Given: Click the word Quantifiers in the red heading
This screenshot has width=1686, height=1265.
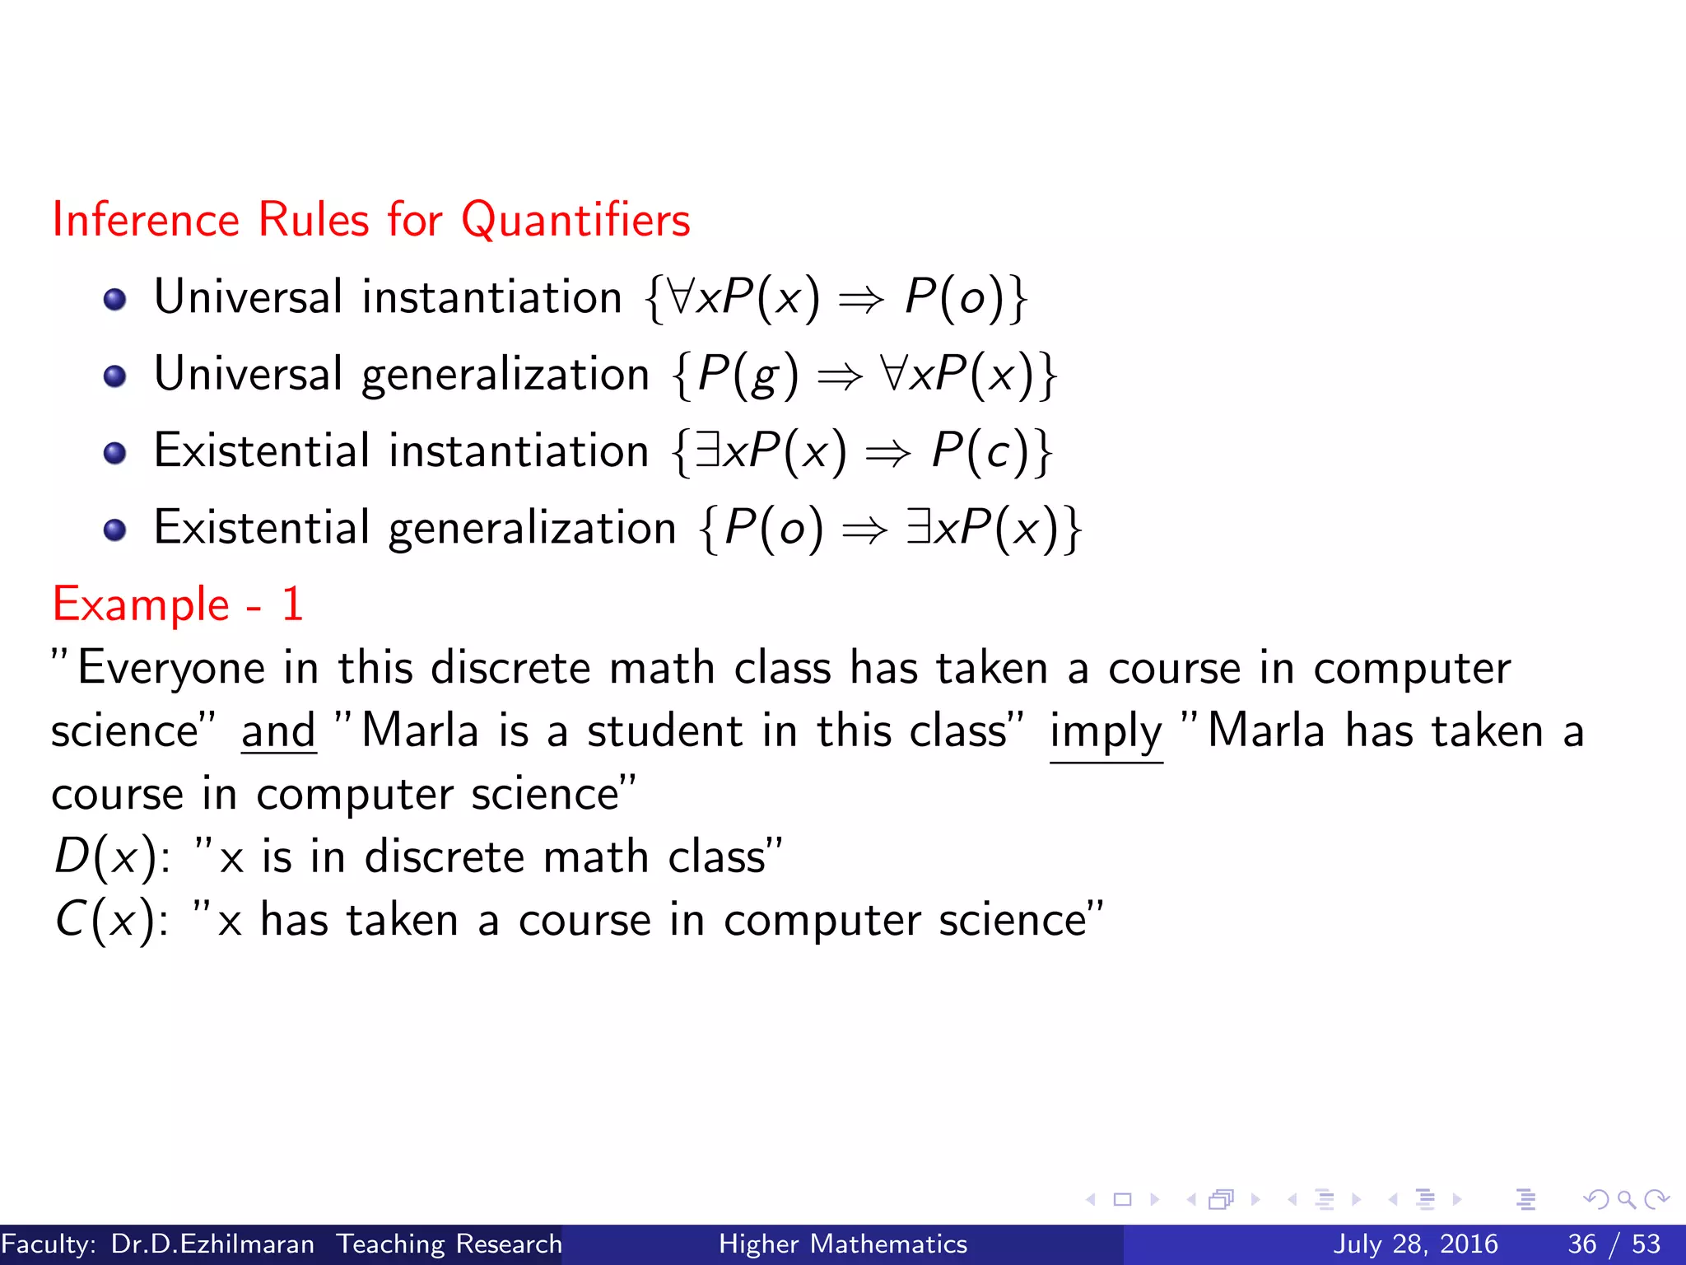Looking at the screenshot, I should point(575,221).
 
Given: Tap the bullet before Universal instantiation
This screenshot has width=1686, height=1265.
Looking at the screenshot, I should point(115,299).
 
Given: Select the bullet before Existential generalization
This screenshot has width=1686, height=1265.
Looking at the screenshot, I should point(115,530).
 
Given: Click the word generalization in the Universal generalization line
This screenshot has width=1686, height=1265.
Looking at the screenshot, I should point(505,375).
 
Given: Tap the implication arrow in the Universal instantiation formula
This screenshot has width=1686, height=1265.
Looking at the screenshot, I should point(861,299).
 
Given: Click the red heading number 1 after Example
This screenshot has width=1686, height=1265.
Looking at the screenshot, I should point(292,604).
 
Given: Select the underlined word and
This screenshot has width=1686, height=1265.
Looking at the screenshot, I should point(278,731).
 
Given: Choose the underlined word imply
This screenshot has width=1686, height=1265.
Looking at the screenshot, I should point(1106,731).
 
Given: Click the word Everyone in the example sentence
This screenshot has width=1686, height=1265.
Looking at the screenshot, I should point(171,668).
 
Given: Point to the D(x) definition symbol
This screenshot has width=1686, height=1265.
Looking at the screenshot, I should point(105,857).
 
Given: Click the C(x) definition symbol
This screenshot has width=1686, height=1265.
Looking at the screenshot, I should point(105,920).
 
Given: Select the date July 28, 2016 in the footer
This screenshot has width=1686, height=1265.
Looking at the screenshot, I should point(1415,1244).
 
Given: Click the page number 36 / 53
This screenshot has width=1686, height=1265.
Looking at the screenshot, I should point(1614,1244).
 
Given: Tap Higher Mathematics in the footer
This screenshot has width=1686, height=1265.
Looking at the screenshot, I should point(843,1244).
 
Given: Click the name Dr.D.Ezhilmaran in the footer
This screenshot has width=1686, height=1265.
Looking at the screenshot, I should point(212,1244).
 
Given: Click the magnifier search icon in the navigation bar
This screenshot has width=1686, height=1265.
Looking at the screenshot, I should point(1626,1200).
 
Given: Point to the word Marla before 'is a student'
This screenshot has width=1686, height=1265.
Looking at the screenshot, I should point(420,731).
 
